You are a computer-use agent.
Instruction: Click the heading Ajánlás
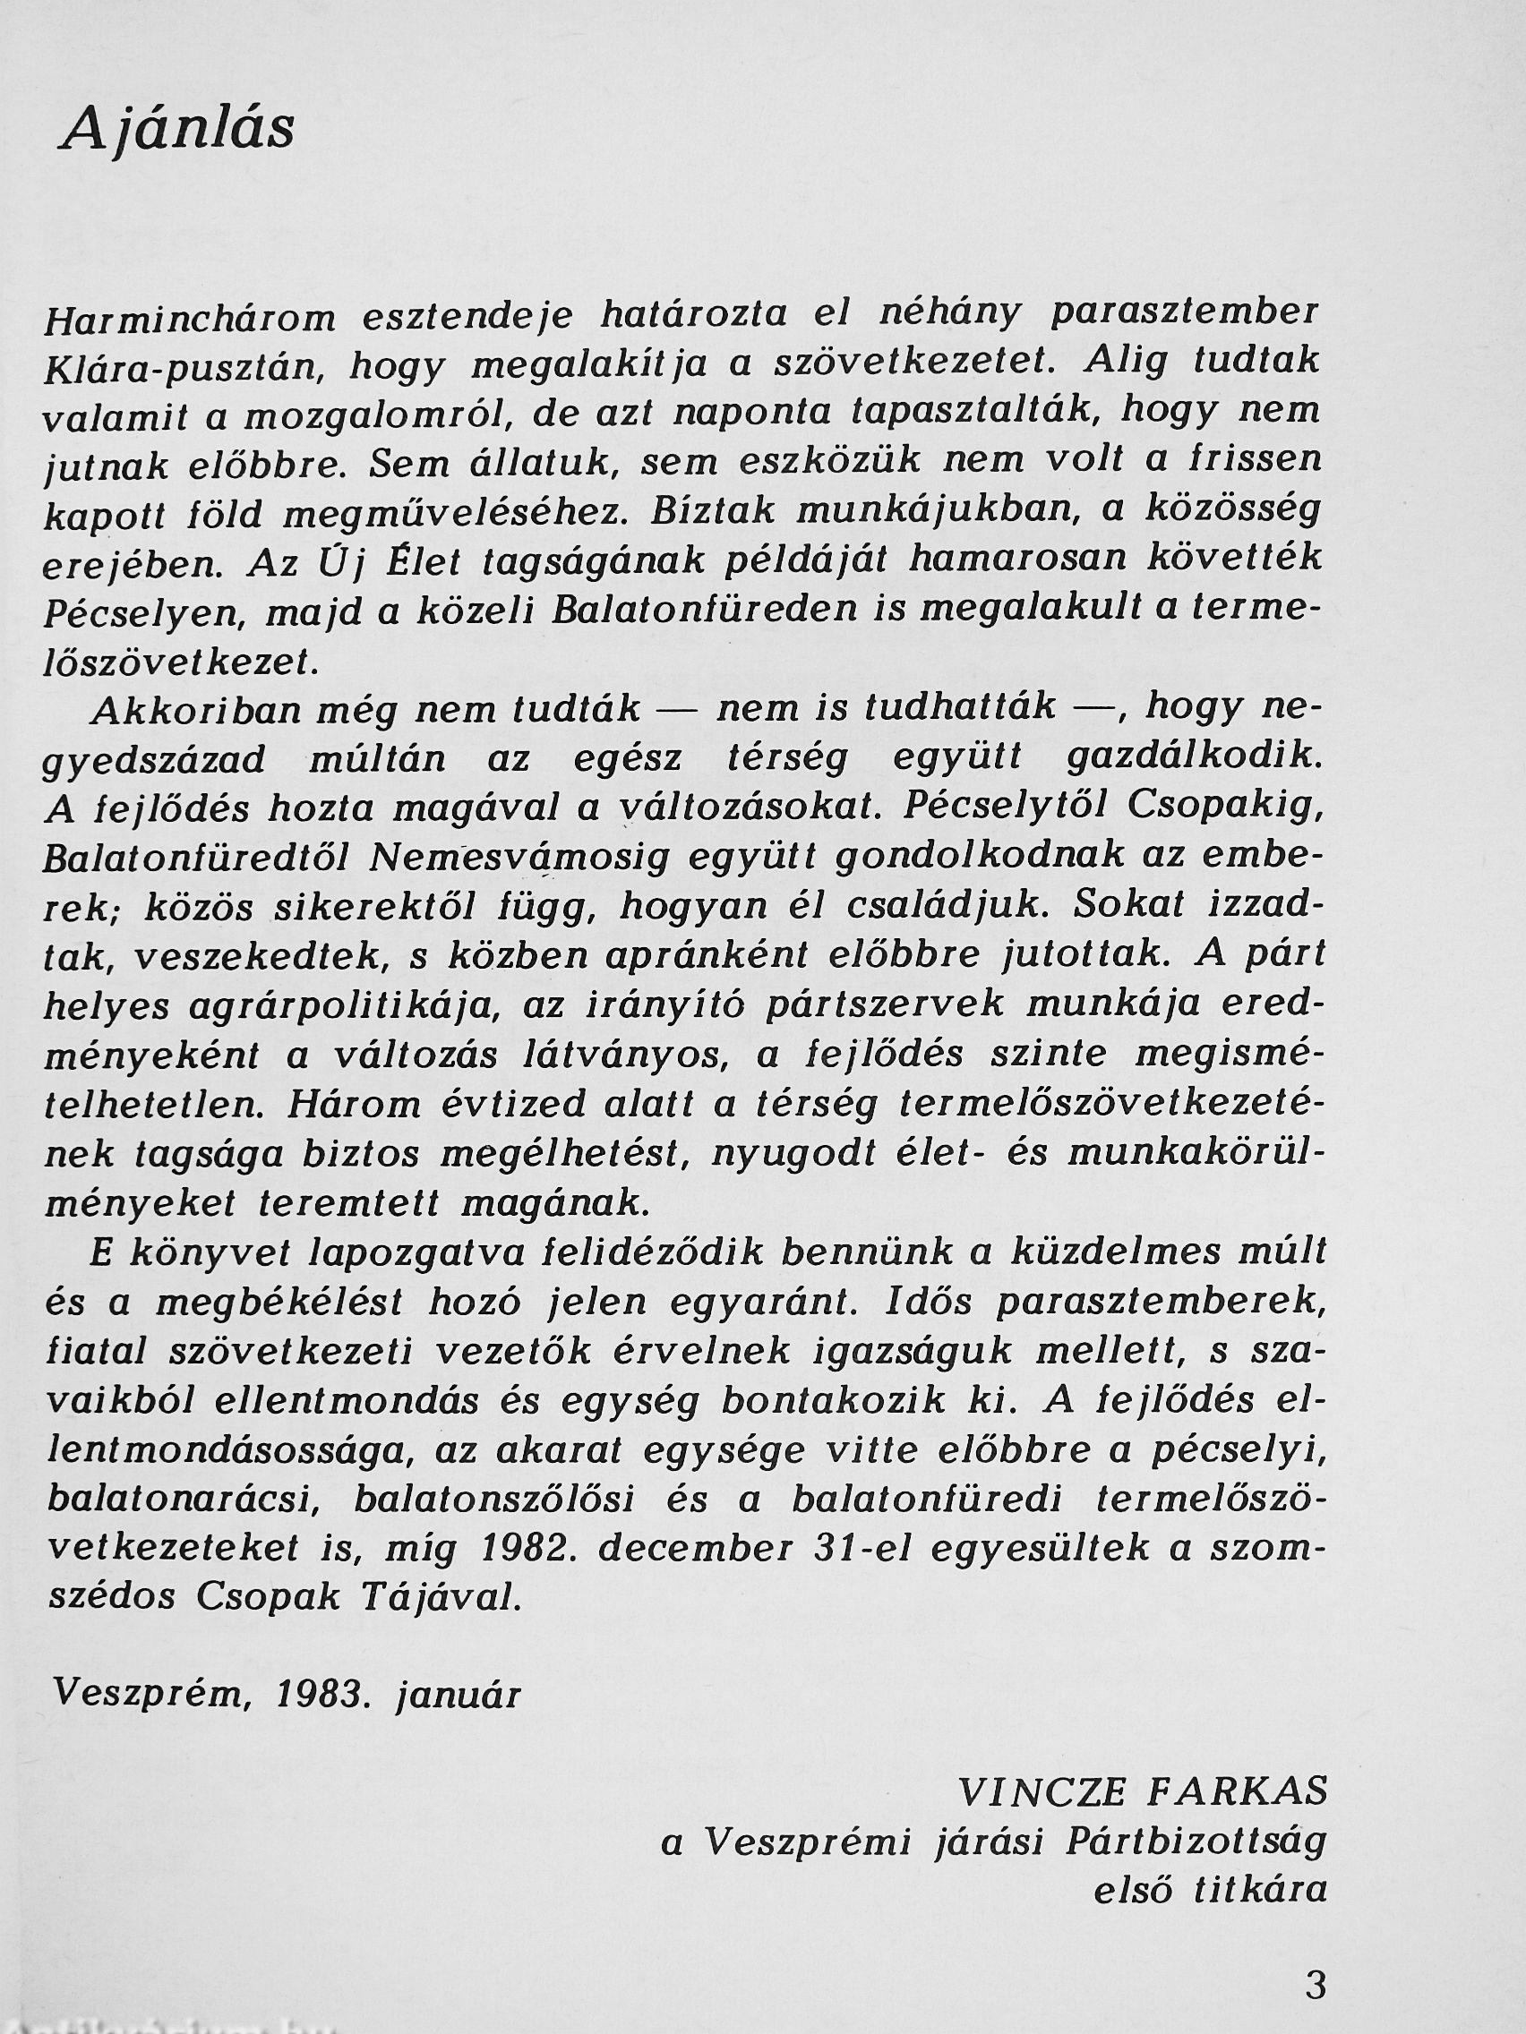click(x=177, y=130)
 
